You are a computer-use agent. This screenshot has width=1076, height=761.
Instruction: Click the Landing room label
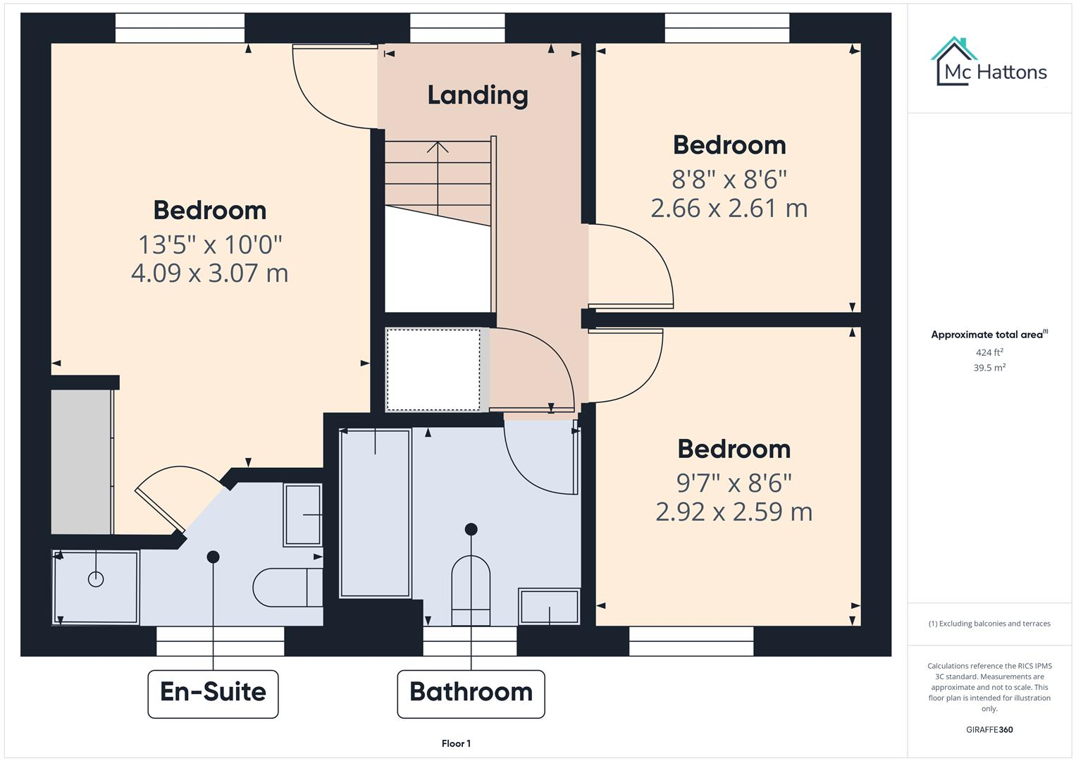(478, 95)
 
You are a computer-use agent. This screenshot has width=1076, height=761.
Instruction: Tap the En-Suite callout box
(213, 693)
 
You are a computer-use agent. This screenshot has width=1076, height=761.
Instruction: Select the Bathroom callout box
(471, 693)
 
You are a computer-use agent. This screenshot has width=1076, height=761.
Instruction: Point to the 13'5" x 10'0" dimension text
(210, 245)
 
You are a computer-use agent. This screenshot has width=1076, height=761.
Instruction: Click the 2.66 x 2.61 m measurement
(729, 208)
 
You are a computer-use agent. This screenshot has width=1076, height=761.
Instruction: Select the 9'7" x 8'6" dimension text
(734, 483)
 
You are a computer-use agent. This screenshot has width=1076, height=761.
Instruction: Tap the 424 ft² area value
(989, 352)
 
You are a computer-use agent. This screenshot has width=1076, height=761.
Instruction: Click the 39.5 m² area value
(989, 368)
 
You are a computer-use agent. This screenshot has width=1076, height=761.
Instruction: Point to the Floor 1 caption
(456, 743)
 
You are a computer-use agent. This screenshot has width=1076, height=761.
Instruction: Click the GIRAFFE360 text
(989, 729)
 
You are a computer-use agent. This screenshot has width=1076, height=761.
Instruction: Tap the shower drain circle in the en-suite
(96, 579)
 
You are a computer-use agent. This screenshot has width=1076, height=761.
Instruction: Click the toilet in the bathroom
(471, 590)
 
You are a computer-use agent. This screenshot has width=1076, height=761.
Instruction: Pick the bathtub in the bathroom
(375, 512)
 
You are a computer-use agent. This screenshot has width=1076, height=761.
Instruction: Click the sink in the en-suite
(302, 514)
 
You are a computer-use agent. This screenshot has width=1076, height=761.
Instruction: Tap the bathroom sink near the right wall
(549, 606)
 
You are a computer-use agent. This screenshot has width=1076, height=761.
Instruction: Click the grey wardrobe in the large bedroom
(81, 462)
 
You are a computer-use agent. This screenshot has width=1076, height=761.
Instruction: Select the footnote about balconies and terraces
(989, 624)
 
